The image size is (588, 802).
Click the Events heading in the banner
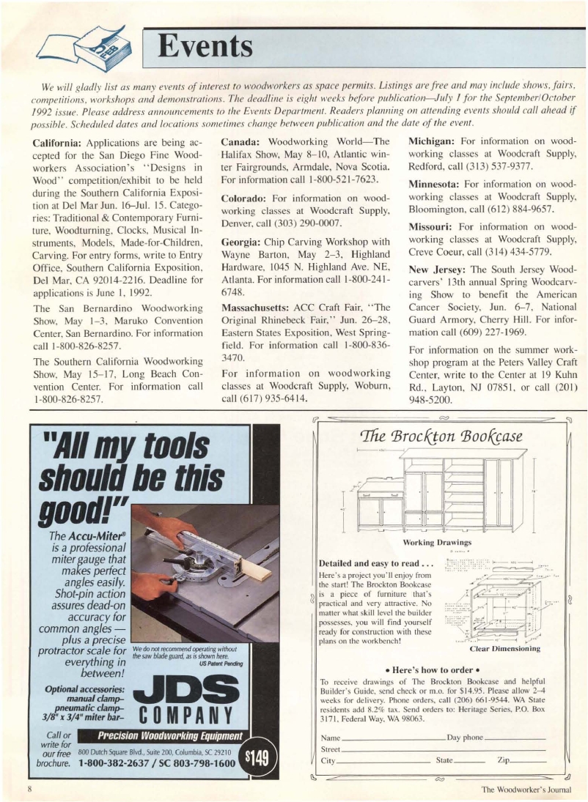pos(207,47)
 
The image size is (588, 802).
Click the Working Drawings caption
pos(441,542)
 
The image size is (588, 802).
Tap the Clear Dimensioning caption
pos(506,648)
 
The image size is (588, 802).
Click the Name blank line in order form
pos(392,738)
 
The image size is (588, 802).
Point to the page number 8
pos(30,789)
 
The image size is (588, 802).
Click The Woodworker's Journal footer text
pos(525,790)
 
